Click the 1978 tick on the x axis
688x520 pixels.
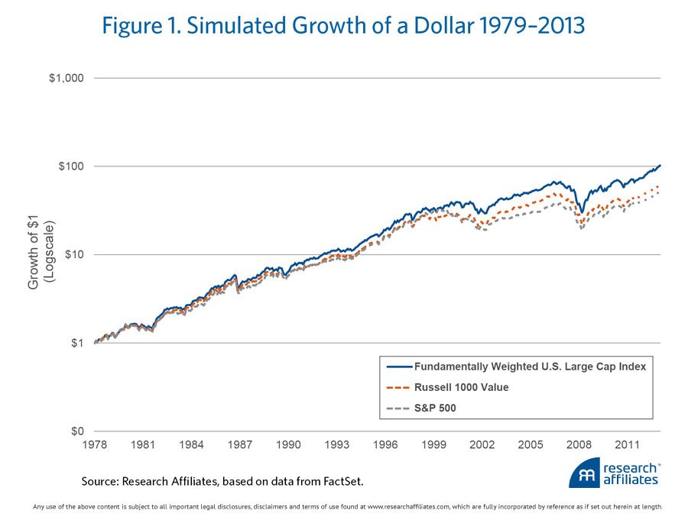pyautogui.click(x=95, y=444)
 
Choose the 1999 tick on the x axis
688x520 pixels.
pyautogui.click(x=434, y=444)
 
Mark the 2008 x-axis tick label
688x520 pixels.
pyautogui.click(x=579, y=444)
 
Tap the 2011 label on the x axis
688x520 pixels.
pyautogui.click(x=628, y=444)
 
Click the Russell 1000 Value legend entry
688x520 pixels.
pyautogui.click(x=461, y=387)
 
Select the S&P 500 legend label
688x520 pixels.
pyautogui.click(x=435, y=408)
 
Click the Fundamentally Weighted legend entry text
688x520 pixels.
pyautogui.click(x=530, y=367)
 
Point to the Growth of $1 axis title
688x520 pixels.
pyautogui.click(x=40, y=254)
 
